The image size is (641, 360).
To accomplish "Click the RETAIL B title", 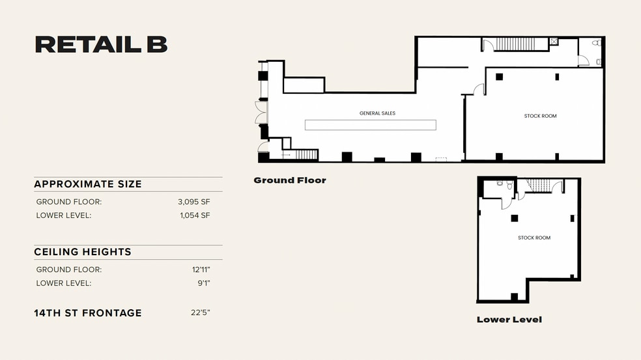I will [x=101, y=44].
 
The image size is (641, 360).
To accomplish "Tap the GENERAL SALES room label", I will [x=377, y=113].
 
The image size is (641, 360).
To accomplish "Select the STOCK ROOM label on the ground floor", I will [x=540, y=116].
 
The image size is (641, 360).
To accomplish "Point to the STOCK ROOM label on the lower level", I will [x=534, y=238].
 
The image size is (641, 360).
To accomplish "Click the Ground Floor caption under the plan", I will [x=289, y=180].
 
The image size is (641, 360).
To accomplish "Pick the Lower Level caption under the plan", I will [x=509, y=320].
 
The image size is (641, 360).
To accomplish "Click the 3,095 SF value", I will [x=193, y=202].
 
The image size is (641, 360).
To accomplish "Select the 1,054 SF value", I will [x=194, y=215].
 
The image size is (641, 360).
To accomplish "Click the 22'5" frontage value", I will [x=200, y=313].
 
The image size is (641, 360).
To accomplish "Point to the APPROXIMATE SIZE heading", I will [x=87, y=184].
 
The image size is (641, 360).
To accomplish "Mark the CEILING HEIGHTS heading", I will [x=83, y=252].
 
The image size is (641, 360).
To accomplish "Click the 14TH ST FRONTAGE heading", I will [x=87, y=313].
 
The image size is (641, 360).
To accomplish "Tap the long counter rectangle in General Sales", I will [x=371, y=124].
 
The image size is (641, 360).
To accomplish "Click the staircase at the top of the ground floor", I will [x=515, y=44].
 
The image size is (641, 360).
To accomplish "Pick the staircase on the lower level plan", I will [x=539, y=186].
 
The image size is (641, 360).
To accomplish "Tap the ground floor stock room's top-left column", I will [x=498, y=77].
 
